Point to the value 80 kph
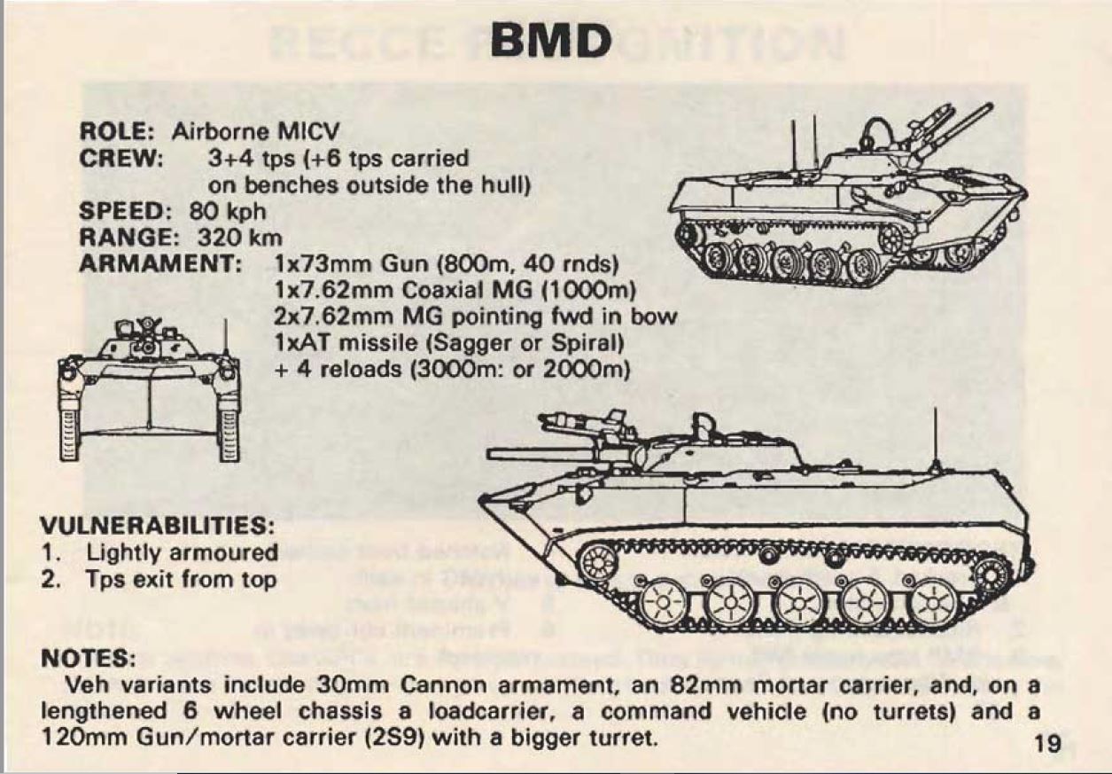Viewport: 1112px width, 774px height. click(228, 213)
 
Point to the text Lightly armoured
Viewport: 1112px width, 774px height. click(183, 552)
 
